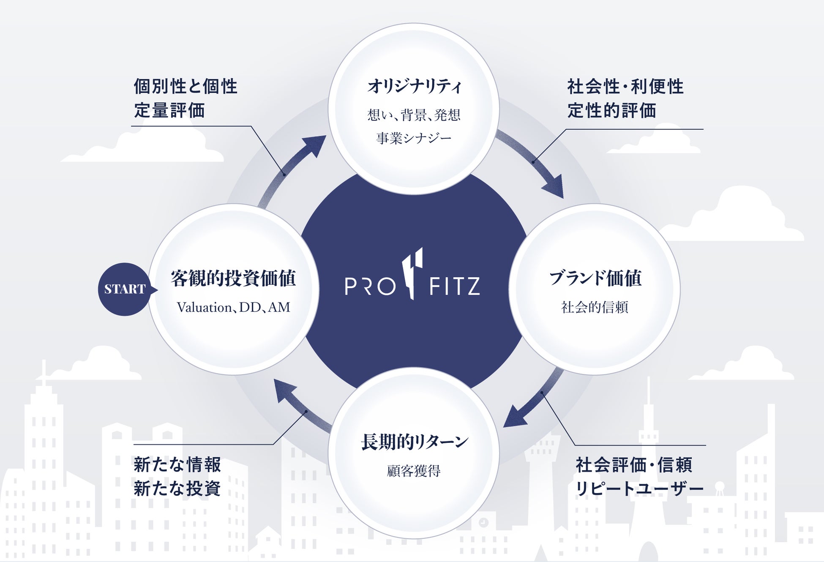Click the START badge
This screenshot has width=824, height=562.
[125, 289]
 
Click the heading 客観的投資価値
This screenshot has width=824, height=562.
[233, 278]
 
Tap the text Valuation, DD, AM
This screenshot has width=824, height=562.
[233, 307]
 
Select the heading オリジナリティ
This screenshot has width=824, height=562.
[414, 87]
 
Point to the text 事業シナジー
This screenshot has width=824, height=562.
[414, 138]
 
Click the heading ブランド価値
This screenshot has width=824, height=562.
[595, 278]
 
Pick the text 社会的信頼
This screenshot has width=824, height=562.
[595, 307]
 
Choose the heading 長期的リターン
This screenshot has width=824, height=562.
[414, 442]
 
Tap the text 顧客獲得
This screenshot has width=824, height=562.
[414, 471]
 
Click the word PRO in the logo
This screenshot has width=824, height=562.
[370, 286]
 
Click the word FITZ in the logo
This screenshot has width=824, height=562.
[455, 286]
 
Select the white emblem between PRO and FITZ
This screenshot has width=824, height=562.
[412, 273]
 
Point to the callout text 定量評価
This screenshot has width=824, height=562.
[169, 111]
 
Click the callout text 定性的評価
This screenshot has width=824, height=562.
[611, 111]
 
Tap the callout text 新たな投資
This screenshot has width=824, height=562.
[177, 489]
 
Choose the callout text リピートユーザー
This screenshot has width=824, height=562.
[639, 489]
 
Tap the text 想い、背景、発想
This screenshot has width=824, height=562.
[414, 115]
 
